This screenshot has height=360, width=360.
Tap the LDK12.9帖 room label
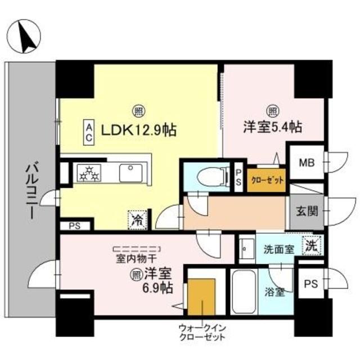coord(138,130)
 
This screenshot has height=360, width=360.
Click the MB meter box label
coord(306,164)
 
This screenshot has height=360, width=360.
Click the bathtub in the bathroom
coord(243,293)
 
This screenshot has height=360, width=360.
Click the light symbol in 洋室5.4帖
coord(272,111)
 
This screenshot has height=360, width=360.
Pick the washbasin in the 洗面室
coord(246,247)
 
